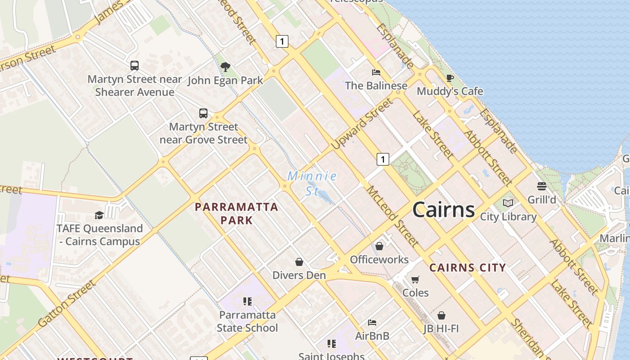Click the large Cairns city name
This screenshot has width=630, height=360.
[x=443, y=210]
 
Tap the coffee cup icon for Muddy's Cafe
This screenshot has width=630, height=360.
[x=450, y=78]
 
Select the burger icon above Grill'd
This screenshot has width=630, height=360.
[x=541, y=186]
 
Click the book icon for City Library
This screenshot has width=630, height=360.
[x=508, y=203]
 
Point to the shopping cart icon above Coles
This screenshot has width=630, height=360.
[x=415, y=279]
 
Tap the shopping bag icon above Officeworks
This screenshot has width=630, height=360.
[x=379, y=246]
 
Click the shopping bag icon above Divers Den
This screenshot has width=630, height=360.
[x=299, y=262]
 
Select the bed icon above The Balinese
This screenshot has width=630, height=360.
[x=376, y=72]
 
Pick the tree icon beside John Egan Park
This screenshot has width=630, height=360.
[x=225, y=67]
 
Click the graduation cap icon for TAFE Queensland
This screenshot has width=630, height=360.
[x=99, y=215]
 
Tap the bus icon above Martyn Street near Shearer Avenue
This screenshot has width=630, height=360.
[x=135, y=66]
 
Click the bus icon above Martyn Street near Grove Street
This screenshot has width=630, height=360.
[x=203, y=113]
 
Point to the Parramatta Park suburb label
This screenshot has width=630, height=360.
[x=236, y=213]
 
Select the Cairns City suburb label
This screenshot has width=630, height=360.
[x=468, y=268]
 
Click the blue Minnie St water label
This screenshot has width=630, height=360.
[x=312, y=183]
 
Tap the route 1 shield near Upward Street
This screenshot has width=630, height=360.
[x=382, y=159]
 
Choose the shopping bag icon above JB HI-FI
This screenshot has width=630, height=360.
[x=441, y=315]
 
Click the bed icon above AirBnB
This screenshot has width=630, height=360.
[x=372, y=323]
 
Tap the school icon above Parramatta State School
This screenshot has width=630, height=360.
[x=247, y=301]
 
